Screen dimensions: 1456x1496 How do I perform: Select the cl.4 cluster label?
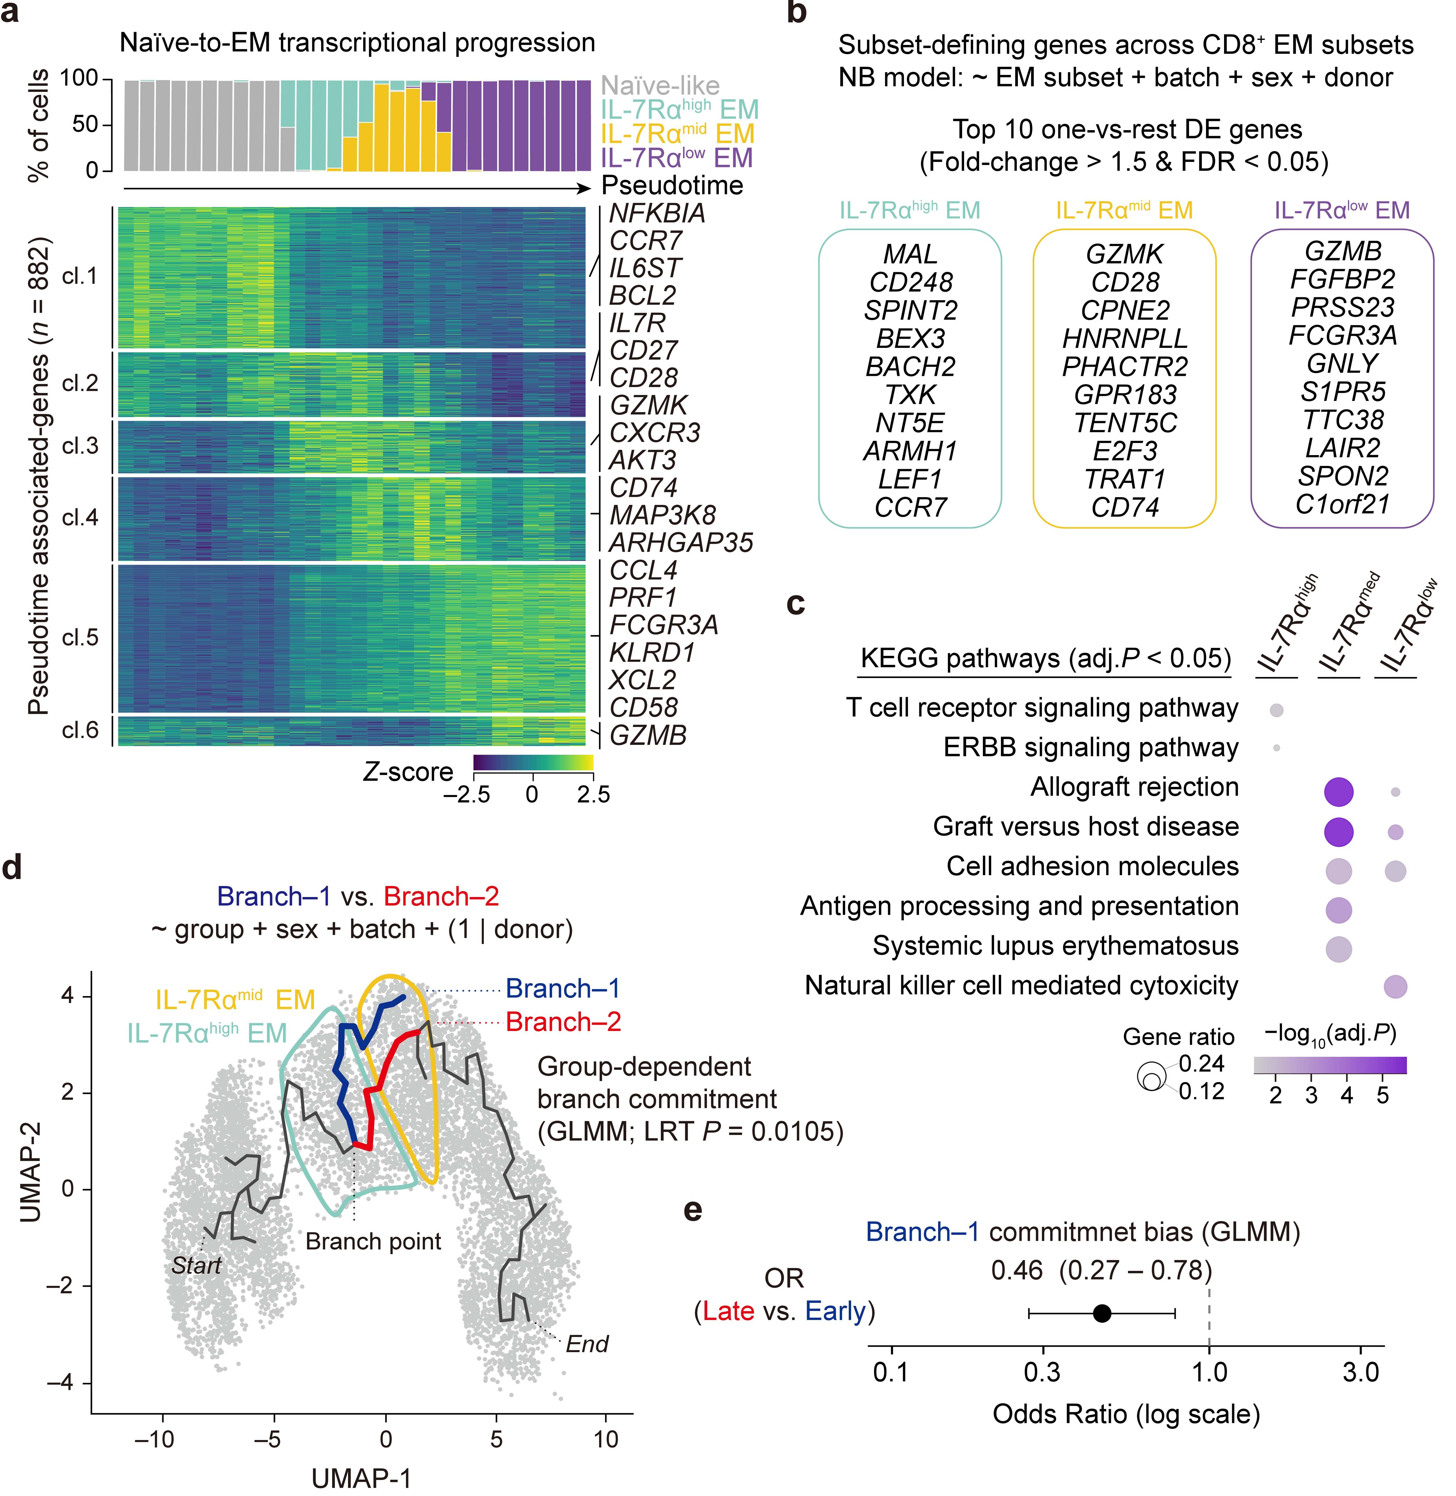(80, 518)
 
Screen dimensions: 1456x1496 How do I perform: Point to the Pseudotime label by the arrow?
(672, 185)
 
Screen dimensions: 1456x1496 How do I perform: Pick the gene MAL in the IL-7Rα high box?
(910, 254)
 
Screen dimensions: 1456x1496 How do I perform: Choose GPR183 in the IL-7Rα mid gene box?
(1125, 395)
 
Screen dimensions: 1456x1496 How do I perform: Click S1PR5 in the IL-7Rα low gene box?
(1343, 392)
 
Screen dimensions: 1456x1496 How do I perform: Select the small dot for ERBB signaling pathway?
(1276, 748)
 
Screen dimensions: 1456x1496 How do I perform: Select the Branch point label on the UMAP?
(373, 1241)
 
